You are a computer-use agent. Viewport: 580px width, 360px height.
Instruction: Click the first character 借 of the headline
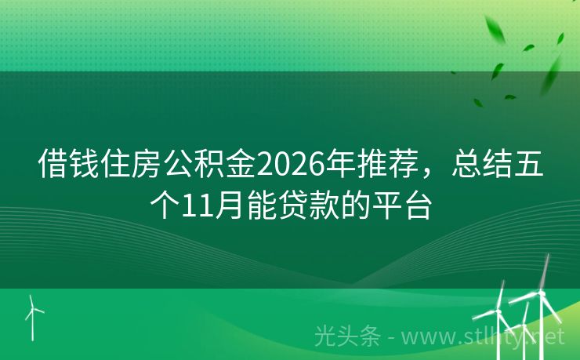[x=53, y=166]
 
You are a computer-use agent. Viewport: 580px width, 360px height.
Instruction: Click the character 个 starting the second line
[x=165, y=206]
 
